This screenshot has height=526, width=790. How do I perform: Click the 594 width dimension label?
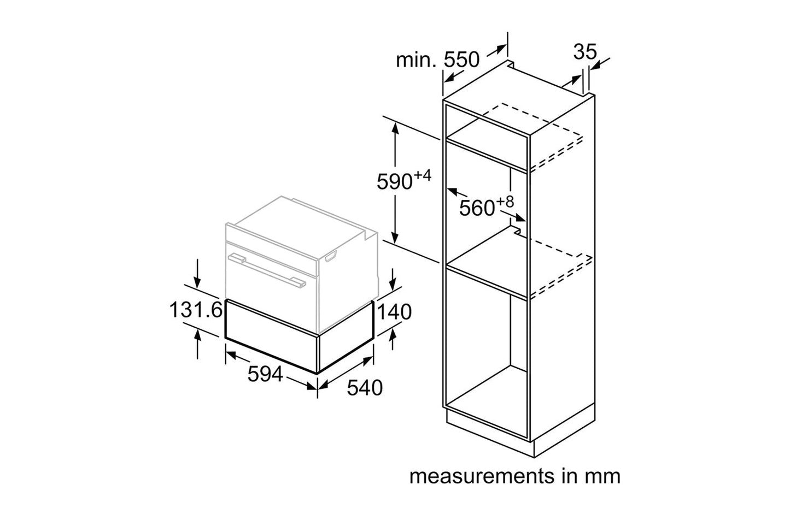[x=265, y=374]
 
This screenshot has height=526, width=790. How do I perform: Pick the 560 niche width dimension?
[x=477, y=208]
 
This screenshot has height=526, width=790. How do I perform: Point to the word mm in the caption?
[x=605, y=476]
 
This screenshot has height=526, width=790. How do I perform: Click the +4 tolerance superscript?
[x=423, y=176]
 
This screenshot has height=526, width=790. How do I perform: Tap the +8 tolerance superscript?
[x=505, y=202]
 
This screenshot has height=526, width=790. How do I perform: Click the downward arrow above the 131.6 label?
[x=198, y=281]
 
